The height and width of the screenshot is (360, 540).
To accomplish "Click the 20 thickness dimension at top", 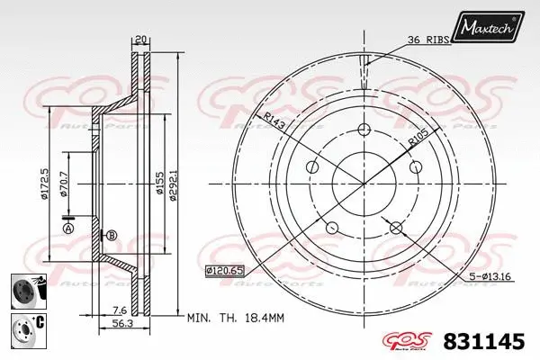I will (x=140, y=40).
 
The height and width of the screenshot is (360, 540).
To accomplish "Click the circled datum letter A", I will (x=68, y=229).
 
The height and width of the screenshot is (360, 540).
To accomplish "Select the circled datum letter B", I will (x=112, y=236).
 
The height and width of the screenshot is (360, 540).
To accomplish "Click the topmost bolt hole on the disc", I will (x=364, y=128).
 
